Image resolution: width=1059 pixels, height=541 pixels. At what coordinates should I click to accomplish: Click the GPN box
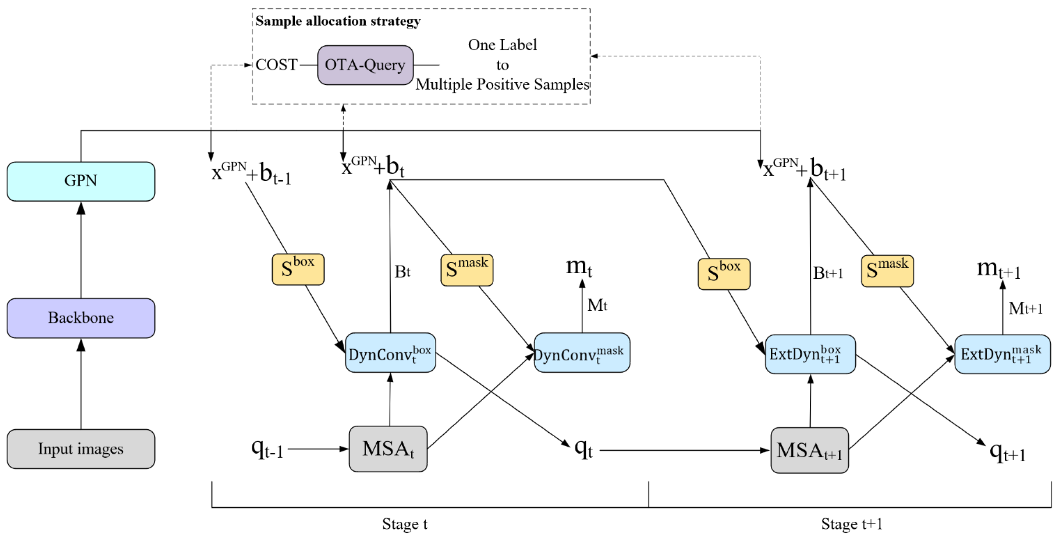point(81,181)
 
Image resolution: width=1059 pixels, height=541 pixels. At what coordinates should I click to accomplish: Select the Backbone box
point(81,318)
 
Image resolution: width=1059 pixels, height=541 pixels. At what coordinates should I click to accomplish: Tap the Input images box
point(81,449)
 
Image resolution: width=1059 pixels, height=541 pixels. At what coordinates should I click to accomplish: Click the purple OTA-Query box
point(365,65)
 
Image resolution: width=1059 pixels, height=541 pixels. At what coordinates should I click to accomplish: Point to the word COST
point(276,65)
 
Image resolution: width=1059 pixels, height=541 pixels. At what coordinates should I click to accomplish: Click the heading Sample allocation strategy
point(338,21)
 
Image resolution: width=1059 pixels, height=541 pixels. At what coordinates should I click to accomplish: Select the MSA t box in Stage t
point(388,449)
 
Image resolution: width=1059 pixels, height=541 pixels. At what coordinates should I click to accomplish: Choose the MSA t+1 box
point(809,451)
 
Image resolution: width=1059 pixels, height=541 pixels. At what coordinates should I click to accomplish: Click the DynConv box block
point(390,353)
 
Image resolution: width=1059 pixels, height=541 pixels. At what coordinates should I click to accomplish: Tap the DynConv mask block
point(582,353)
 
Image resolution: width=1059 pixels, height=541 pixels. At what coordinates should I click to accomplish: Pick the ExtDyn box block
point(810,354)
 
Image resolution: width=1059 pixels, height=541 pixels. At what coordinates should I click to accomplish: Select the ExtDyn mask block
point(1002,354)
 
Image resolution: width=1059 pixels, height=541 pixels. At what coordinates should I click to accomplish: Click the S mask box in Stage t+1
point(887,271)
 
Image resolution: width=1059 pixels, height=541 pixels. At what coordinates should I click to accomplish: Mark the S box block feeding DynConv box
point(298,269)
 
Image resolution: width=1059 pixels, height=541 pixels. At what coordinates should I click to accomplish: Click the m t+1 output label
point(998,270)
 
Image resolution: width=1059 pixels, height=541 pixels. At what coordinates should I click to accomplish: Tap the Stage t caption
point(404,524)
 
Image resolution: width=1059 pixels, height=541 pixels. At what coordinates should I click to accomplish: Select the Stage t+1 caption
point(851,524)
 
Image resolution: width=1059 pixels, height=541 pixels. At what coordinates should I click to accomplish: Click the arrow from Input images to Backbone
point(81,384)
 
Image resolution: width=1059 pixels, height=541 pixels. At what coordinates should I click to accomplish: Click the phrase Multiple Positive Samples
point(503,84)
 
